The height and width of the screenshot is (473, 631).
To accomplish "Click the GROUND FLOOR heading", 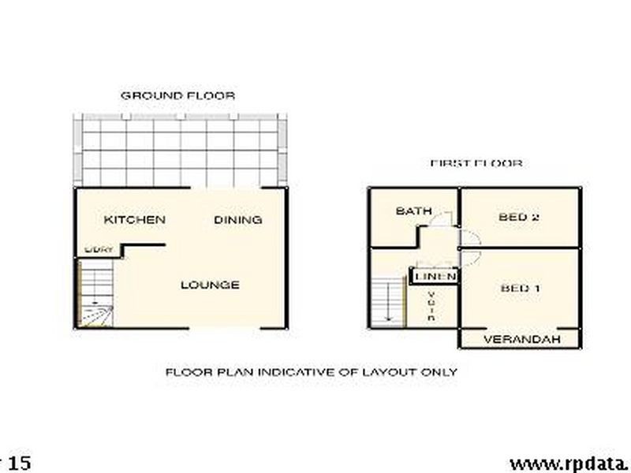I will (177, 95).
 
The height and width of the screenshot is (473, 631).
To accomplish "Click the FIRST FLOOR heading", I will (476, 164).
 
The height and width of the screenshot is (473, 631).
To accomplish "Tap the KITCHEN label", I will (135, 219).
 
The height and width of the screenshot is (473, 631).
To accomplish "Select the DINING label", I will (237, 220).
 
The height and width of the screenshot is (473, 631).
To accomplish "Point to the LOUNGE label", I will (210, 285).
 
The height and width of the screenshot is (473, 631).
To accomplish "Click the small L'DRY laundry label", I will (99, 250).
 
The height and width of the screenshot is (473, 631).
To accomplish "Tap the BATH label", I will (413, 211).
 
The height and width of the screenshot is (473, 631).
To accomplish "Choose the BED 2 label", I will (519, 217).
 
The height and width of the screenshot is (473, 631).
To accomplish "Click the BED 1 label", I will (520, 288).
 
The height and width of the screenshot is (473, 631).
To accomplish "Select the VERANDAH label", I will (521, 340).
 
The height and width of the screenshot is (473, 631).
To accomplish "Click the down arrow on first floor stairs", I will (388, 315).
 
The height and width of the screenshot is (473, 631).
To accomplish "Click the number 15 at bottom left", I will (19, 462).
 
